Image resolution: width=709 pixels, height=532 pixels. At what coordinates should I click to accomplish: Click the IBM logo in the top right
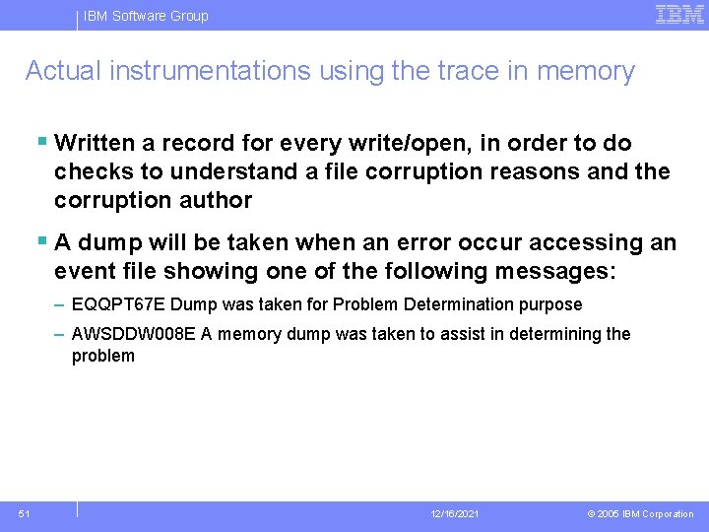(679, 14)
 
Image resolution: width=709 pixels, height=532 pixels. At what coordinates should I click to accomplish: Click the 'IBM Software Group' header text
(146, 16)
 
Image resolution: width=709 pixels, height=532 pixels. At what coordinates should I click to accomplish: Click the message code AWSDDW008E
(133, 334)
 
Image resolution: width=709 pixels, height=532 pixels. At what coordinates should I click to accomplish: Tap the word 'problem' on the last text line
(102, 356)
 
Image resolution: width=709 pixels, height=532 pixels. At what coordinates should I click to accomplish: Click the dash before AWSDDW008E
(60, 334)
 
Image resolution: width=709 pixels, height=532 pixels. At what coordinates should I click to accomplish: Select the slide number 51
(24, 513)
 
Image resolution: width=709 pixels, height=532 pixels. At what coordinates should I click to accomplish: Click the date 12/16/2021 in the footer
(455, 514)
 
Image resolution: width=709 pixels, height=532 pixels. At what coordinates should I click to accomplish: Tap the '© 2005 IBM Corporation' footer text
(640, 514)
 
